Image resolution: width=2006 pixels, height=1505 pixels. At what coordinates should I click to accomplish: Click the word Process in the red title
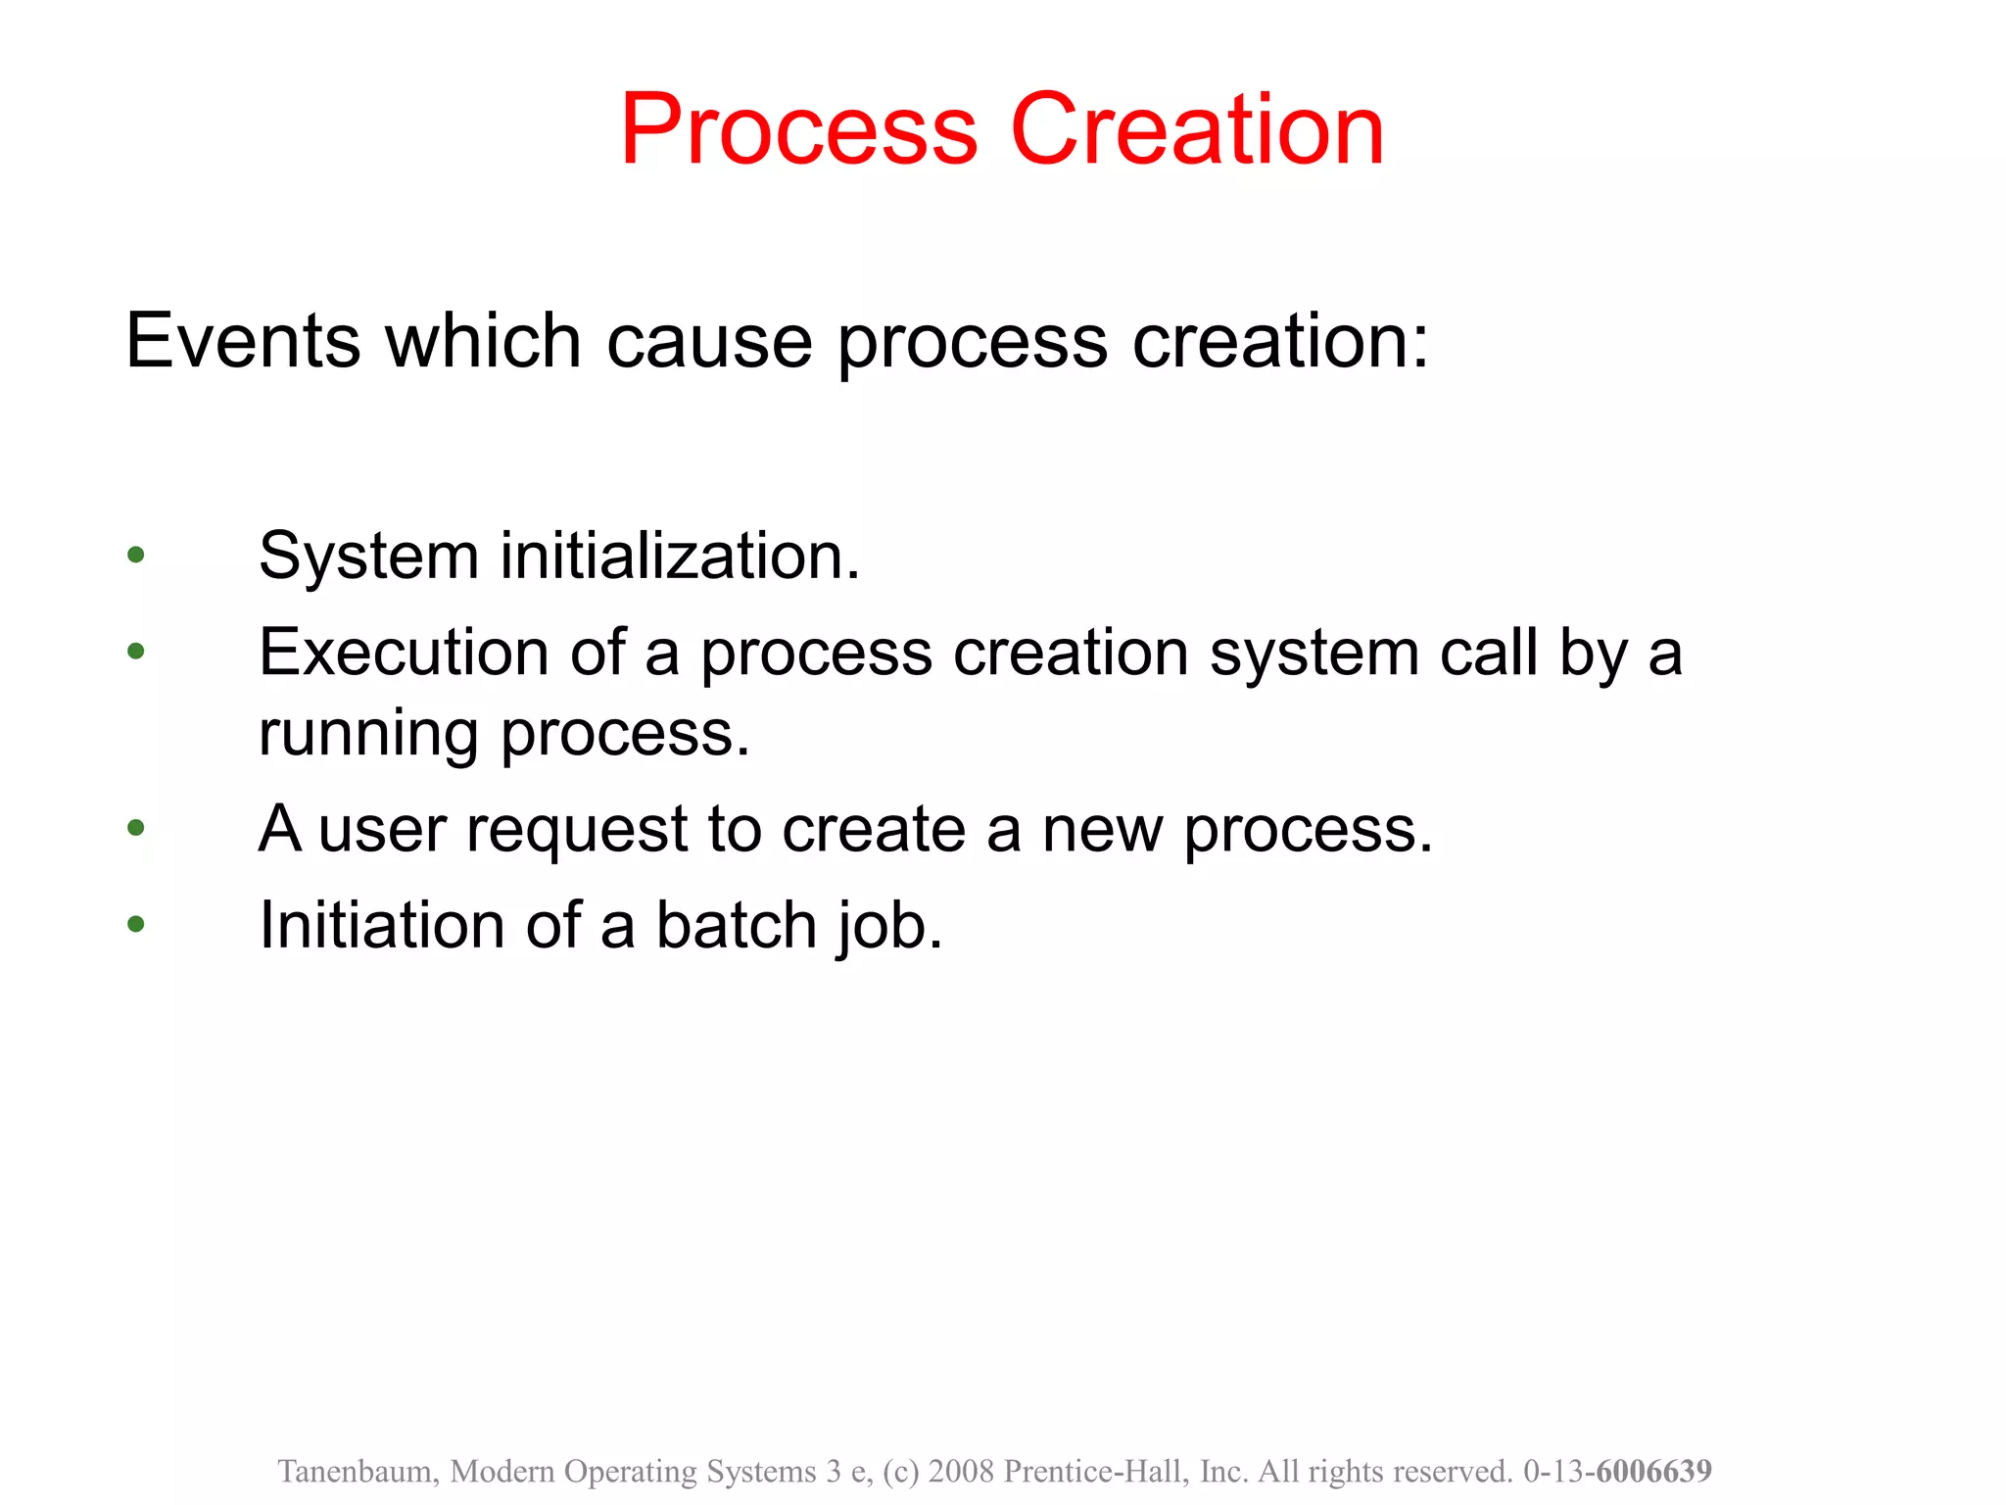(798, 129)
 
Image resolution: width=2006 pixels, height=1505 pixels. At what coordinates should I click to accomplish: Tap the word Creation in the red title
(1197, 129)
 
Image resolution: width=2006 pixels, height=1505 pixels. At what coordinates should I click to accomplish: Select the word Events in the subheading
(243, 341)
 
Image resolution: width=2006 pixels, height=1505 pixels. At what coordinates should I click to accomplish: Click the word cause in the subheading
(709, 343)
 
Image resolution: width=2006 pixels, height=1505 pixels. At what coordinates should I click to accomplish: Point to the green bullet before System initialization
(136, 556)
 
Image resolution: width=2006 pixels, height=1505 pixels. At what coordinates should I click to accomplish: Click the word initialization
(680, 557)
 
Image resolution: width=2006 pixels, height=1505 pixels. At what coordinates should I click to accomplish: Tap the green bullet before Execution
(136, 651)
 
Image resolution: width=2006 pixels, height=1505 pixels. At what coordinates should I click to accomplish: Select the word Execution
(404, 653)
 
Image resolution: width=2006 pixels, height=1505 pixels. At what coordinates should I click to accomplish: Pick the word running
(368, 735)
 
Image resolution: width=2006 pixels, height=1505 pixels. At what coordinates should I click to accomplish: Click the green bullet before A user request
(136, 828)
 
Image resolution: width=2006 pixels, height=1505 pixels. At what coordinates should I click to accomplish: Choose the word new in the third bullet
(1102, 830)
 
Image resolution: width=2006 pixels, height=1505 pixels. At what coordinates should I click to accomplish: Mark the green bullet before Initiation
(136, 923)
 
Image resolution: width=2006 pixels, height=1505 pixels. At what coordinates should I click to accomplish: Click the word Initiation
(382, 925)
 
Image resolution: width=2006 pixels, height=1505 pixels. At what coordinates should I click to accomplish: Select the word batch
(736, 925)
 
